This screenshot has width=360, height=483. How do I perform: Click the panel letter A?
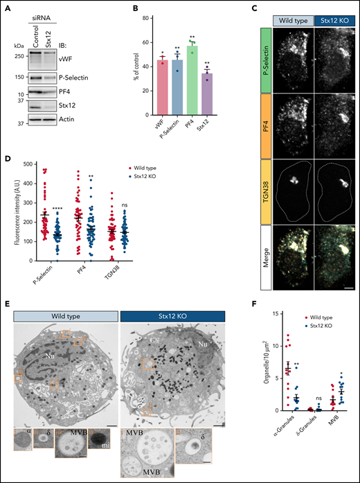tap(6, 6)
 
